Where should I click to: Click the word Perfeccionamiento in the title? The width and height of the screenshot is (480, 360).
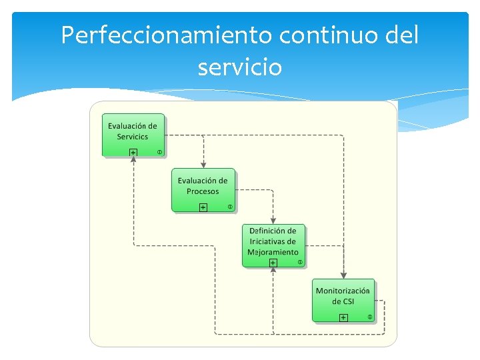point(167,35)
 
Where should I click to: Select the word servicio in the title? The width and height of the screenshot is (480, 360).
point(240,67)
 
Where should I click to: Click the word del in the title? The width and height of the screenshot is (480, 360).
point(400,35)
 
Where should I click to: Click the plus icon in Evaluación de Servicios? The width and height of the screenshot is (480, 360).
point(133,153)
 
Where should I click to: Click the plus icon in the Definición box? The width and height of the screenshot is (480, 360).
point(273,263)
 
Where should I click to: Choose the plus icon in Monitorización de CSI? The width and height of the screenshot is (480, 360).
point(343,318)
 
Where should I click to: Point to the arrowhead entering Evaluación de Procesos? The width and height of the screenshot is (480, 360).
point(203,165)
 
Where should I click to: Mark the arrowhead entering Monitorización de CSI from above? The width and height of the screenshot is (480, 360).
point(343,275)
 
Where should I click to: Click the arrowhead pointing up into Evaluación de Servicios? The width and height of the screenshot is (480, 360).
point(133,160)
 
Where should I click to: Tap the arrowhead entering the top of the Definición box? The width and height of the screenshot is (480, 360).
point(273,221)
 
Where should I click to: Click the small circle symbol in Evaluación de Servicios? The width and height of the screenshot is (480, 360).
point(159,152)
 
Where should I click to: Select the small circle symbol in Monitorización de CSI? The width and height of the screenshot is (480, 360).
point(370,317)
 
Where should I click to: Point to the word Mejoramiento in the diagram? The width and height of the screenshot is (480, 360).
point(273,253)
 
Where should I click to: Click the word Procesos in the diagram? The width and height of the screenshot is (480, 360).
point(203,192)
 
